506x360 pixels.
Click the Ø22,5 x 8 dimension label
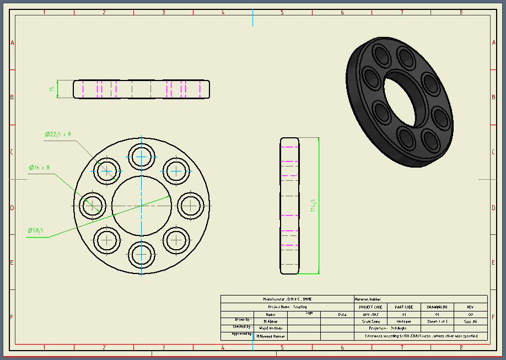click(58, 134)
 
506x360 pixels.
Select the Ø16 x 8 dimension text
click(40, 167)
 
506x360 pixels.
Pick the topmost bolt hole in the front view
click(141, 157)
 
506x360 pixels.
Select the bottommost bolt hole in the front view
click(141, 254)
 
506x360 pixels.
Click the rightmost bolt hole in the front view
click(190, 205)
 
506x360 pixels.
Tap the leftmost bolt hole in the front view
click(92, 206)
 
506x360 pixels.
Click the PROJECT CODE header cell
click(370, 307)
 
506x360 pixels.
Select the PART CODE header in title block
click(403, 307)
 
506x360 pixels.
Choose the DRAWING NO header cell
click(437, 307)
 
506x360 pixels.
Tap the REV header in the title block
click(470, 307)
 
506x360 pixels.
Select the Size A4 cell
click(470, 321)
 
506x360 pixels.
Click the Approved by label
click(241, 334)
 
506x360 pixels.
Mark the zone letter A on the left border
click(12, 43)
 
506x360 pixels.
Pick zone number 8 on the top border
click(461, 12)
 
